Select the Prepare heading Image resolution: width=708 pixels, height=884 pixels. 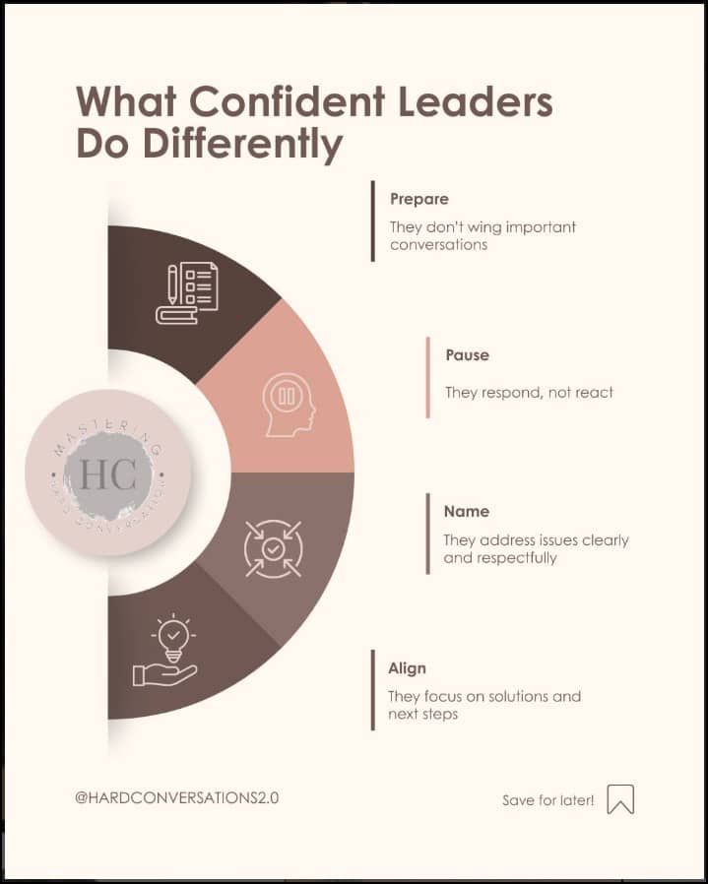(x=419, y=199)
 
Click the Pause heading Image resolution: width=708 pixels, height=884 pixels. (x=467, y=354)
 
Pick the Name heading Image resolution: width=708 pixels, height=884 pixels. (x=466, y=511)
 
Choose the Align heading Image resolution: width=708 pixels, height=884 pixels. (x=407, y=668)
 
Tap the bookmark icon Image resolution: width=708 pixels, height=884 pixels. (x=620, y=799)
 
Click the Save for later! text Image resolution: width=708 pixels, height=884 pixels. (x=547, y=800)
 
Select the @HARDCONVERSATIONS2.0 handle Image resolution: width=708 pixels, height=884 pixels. (x=176, y=797)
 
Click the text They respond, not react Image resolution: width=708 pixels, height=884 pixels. (x=529, y=392)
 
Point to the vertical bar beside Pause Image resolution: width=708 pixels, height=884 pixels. (x=428, y=377)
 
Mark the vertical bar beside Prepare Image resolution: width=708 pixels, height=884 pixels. (x=373, y=221)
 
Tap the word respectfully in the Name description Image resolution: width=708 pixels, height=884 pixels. (x=516, y=557)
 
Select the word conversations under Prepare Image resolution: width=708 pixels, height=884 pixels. (x=438, y=244)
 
